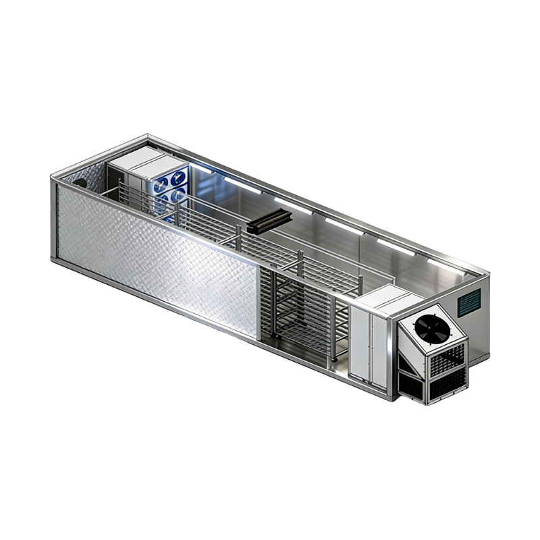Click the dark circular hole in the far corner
(80, 182)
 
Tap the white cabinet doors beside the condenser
(369, 344)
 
